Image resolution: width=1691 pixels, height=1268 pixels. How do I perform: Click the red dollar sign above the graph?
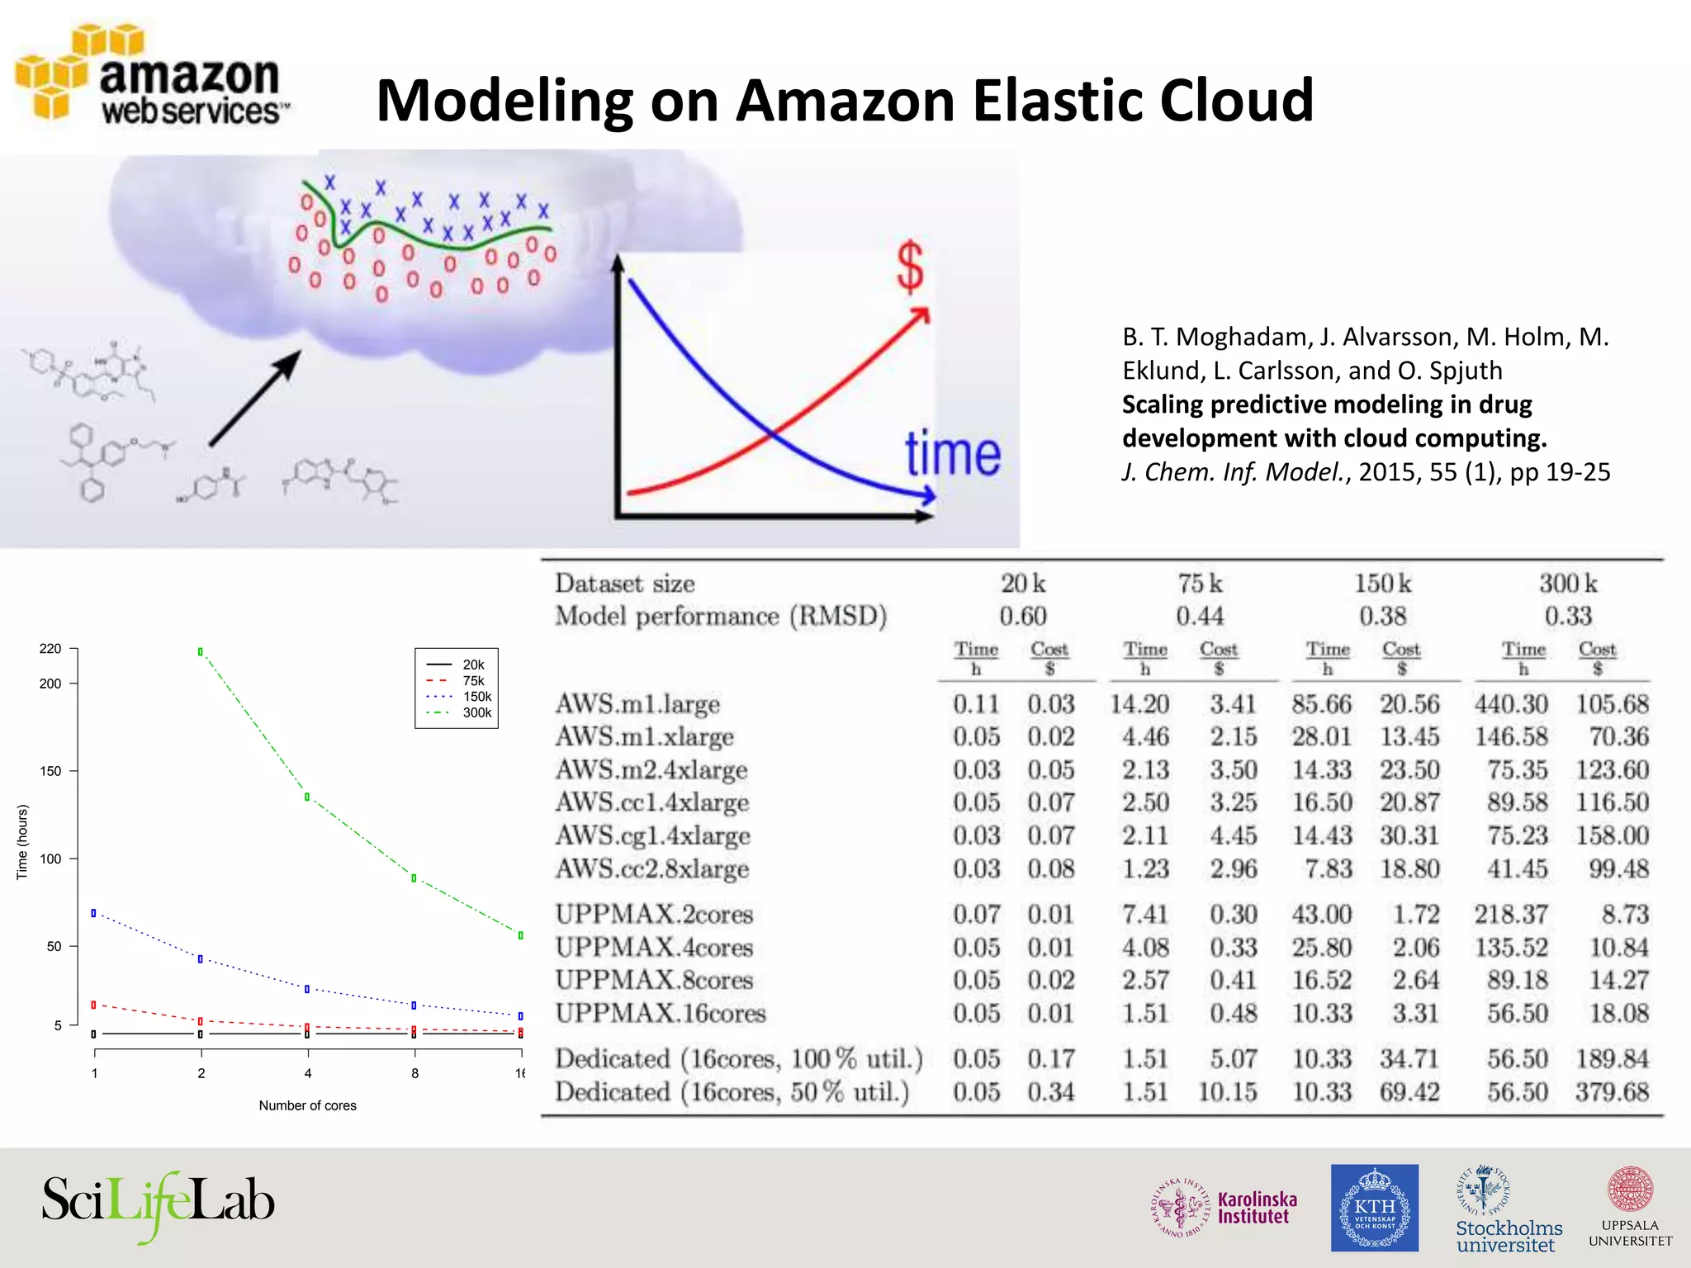pos(910,267)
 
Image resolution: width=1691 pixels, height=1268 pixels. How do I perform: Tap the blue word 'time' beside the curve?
pos(953,454)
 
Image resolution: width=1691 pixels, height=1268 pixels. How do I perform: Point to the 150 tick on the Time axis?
pos(50,771)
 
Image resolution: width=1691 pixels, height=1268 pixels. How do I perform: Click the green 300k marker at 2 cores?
pos(201,652)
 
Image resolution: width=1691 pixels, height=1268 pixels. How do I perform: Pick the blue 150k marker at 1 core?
pos(94,913)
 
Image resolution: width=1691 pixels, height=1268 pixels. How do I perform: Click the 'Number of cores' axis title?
pos(307,1105)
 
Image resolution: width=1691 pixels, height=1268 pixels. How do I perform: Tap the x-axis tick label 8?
pos(414,1073)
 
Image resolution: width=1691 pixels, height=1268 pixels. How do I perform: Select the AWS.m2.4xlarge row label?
pos(651,770)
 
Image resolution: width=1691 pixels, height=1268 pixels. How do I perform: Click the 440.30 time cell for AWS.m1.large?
pos(1511,704)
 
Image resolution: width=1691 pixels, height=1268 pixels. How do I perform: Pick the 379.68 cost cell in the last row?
pos(1612,1092)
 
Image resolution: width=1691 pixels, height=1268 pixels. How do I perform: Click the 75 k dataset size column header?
pos(1200,584)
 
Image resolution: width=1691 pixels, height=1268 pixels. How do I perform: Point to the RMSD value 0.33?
pos(1568,616)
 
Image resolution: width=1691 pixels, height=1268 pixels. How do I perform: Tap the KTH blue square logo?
pos(1374,1208)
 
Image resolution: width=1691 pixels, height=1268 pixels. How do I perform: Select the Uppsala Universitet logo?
pos(1630,1208)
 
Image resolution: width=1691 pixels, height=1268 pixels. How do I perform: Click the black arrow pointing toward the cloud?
pos(255,398)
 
